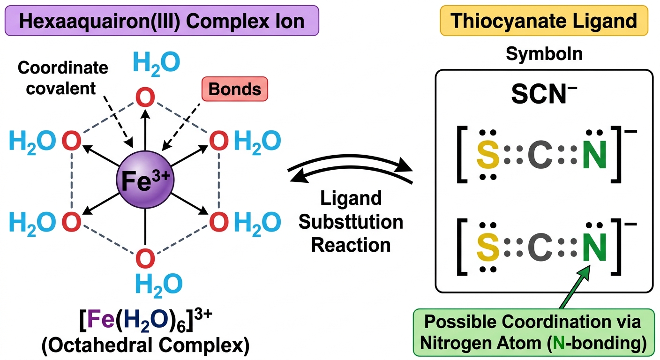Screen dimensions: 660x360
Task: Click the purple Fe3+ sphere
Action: tap(145, 180)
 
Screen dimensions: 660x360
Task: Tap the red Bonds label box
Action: tap(235, 89)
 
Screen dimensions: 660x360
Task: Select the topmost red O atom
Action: tap(145, 97)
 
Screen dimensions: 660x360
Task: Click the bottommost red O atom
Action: tap(145, 258)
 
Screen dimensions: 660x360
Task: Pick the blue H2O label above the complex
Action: tap(157, 63)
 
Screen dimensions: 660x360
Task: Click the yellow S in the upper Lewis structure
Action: tap(487, 154)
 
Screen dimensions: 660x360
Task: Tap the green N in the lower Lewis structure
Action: tap(594, 247)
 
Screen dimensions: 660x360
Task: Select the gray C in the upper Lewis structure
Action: tap(540, 154)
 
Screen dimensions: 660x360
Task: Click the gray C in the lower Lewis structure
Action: tap(540, 247)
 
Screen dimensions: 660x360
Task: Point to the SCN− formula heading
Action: tap(544, 94)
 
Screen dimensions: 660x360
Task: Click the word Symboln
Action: tap(544, 53)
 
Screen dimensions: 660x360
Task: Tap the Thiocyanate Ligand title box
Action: tap(544, 21)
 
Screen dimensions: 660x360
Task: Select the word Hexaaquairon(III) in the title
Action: tap(99, 21)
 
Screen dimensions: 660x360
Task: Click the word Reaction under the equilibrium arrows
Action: tap(351, 245)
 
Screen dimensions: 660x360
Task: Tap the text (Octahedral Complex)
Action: tap(146, 345)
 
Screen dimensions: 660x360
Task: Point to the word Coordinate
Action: tap(63, 67)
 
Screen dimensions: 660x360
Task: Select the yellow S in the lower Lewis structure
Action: tap(487, 247)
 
